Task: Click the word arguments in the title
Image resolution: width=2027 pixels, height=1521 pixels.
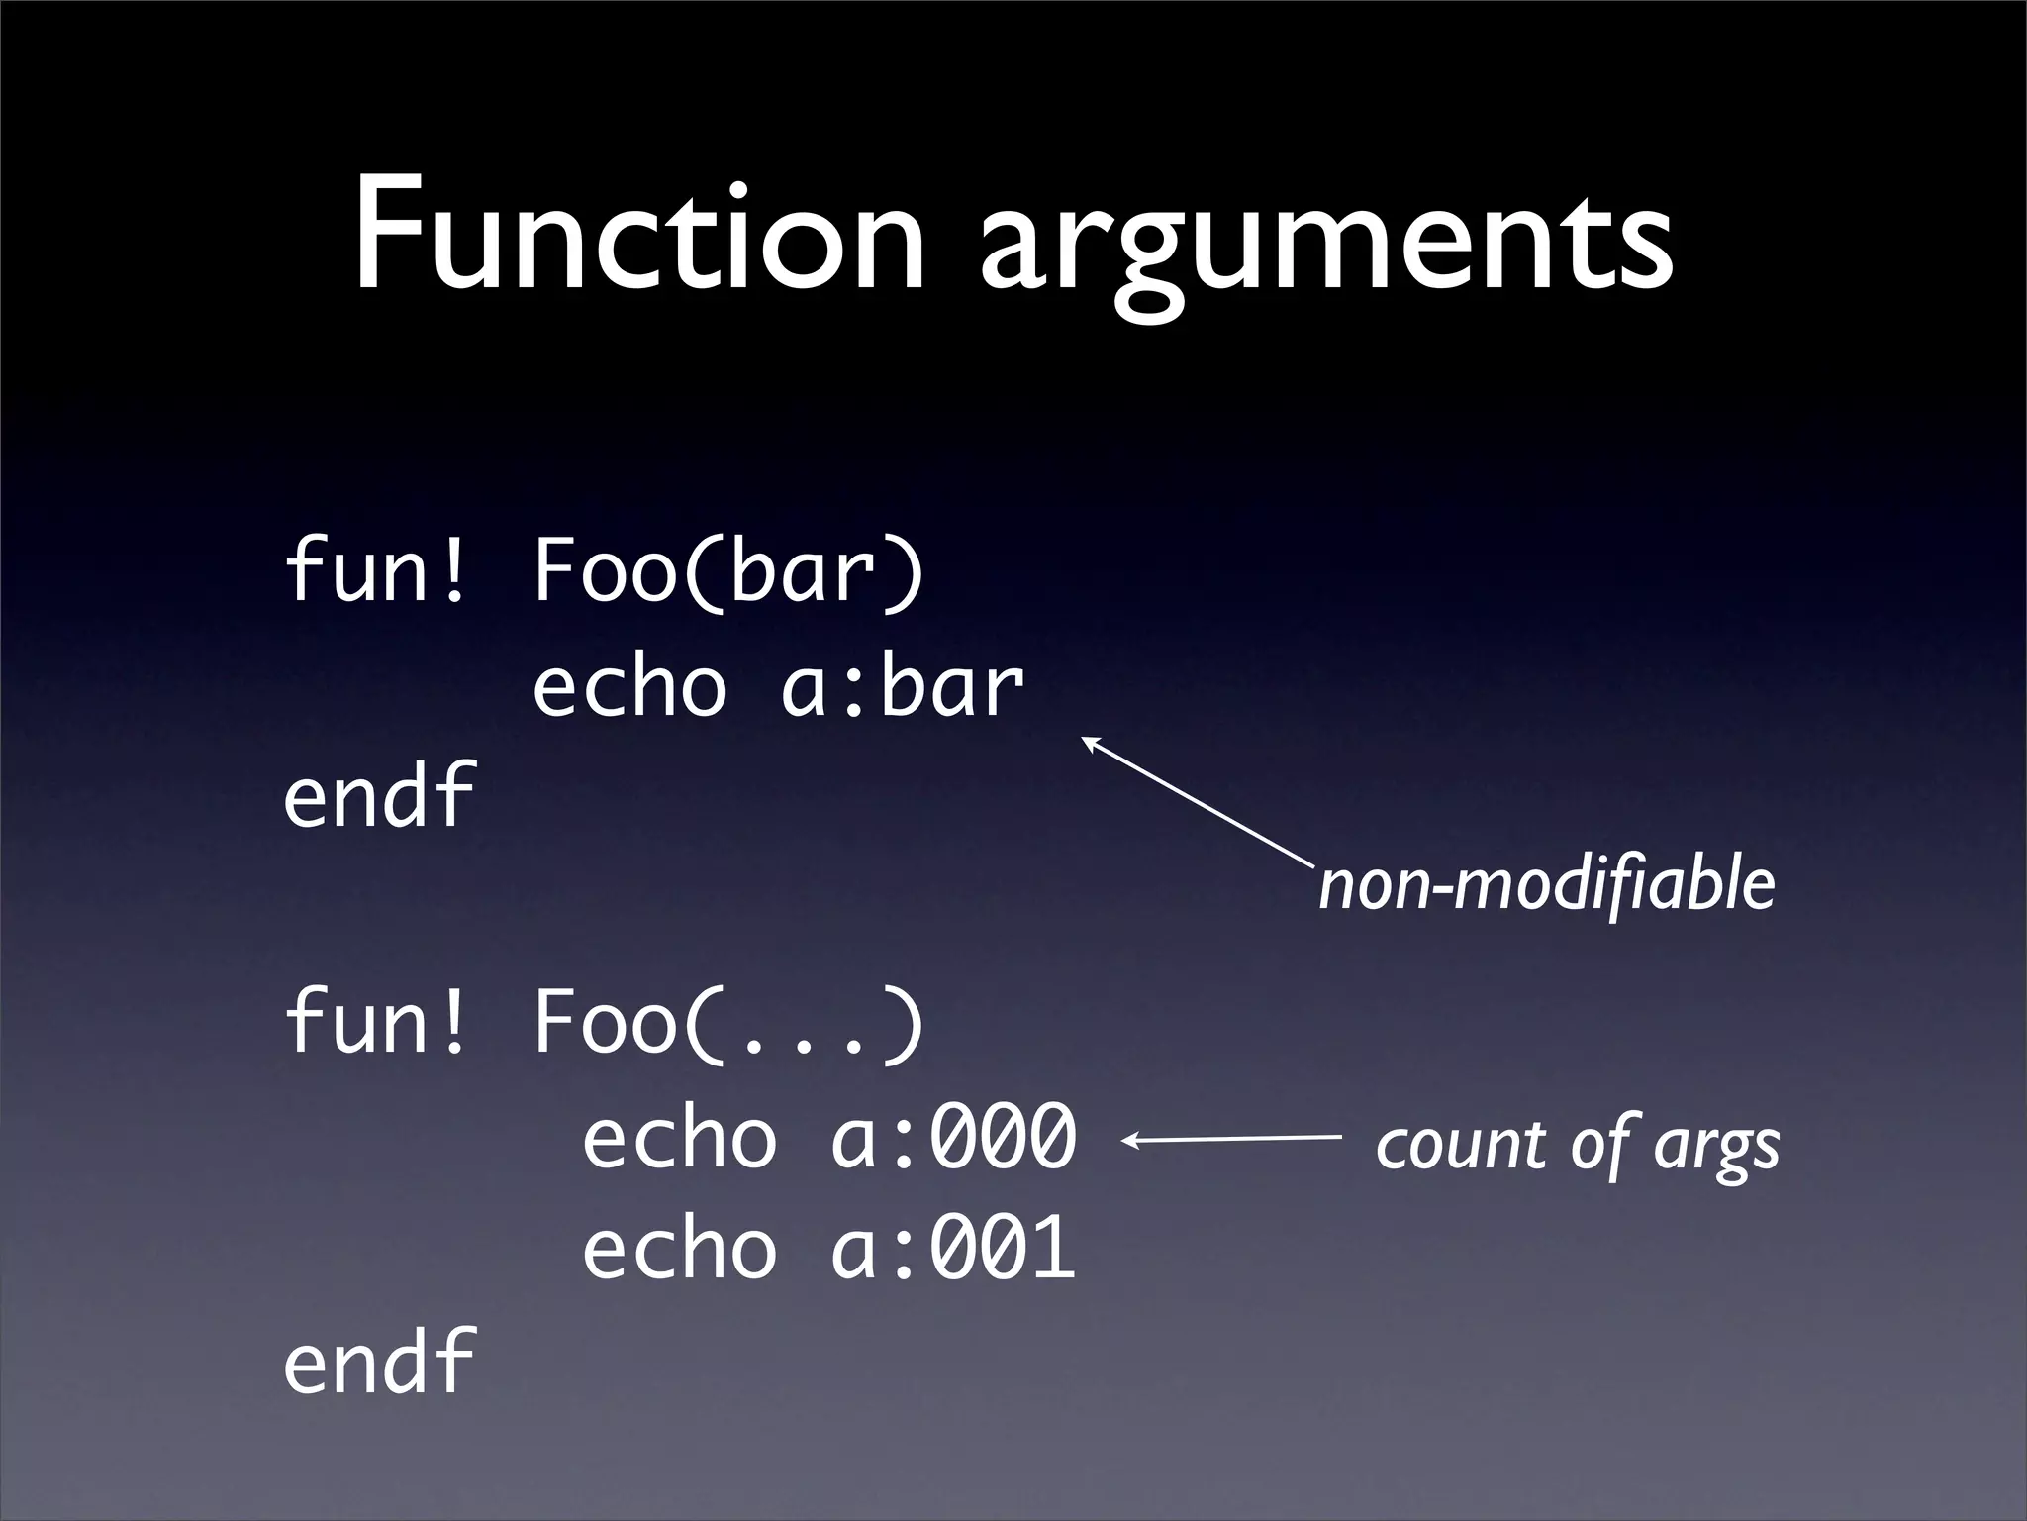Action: (x=1326, y=243)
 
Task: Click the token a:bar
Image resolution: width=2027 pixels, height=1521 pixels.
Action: (x=902, y=687)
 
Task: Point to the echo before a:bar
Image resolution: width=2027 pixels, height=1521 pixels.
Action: (x=629, y=687)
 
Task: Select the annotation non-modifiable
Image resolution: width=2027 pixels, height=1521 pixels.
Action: (x=1546, y=884)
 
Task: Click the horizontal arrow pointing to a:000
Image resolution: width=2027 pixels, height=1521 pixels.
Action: (x=1232, y=1141)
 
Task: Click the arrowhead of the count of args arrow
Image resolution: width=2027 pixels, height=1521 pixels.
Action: (x=1129, y=1141)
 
